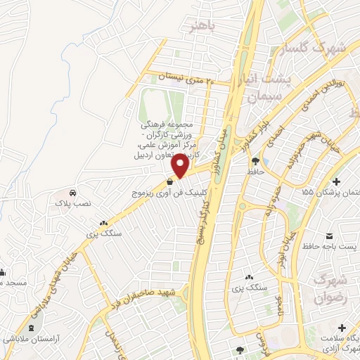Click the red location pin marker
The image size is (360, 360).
coord(180,166)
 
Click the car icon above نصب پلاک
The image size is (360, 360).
coord(73,192)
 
